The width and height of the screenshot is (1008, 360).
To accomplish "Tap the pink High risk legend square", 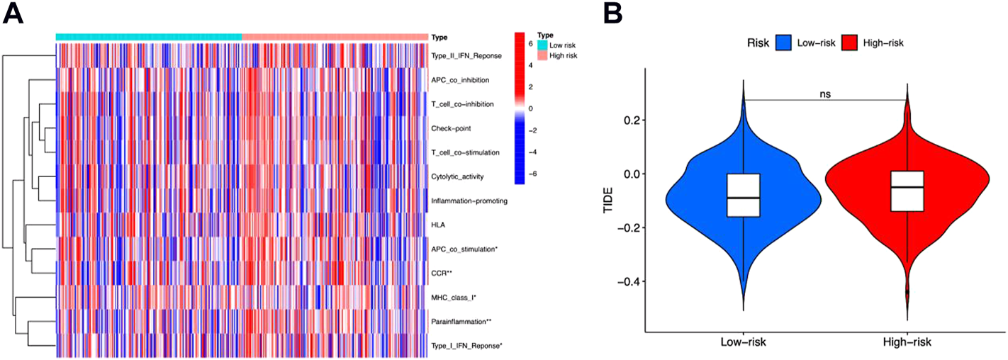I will point(542,55).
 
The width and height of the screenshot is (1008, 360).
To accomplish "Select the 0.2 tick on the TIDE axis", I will point(630,120).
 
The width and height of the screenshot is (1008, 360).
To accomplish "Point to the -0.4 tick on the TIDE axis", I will point(627,281).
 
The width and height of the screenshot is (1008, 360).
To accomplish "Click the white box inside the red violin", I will point(907,191).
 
